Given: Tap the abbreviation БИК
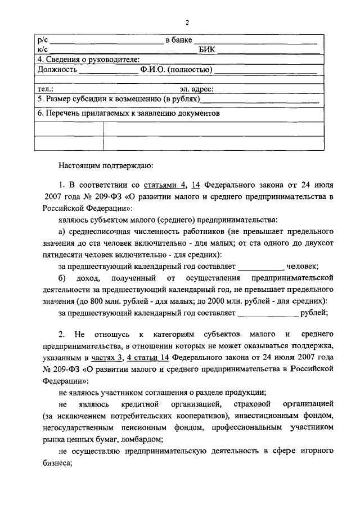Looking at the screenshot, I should pyautogui.click(x=208, y=49).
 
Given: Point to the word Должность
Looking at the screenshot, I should pyautogui.click(x=56, y=70).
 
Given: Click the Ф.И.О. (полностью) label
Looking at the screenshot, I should pyautogui.click(x=176, y=70).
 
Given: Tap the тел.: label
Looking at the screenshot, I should pyautogui.click(x=45, y=89).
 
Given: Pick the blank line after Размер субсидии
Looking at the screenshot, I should pyautogui.click(x=260, y=100).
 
